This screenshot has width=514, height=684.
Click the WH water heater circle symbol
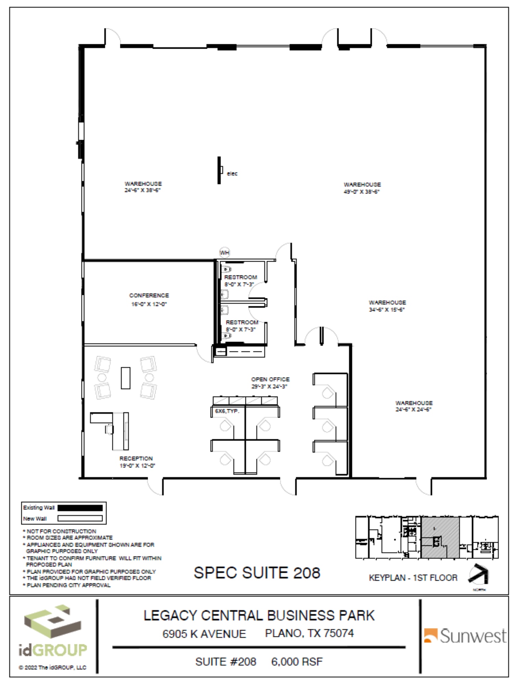224,253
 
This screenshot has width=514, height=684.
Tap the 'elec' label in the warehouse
232,174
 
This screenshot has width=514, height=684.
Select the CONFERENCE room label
149,295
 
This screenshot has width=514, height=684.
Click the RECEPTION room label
136,458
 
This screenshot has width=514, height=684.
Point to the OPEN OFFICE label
270,379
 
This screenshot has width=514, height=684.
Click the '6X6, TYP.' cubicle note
227,411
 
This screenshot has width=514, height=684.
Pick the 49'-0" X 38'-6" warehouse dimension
362,192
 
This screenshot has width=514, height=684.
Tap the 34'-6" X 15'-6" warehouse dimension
387,310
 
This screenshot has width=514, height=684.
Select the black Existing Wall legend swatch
80,508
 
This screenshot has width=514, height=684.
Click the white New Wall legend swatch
80,518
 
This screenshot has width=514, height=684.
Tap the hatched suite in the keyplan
440,538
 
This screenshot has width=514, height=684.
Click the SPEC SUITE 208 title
257,573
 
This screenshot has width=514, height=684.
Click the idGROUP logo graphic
52,622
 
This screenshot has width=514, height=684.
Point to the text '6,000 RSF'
297,661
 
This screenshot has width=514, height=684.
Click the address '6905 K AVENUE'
204,634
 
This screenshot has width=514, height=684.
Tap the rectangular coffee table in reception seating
125,378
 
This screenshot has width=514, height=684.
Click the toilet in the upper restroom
227,269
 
